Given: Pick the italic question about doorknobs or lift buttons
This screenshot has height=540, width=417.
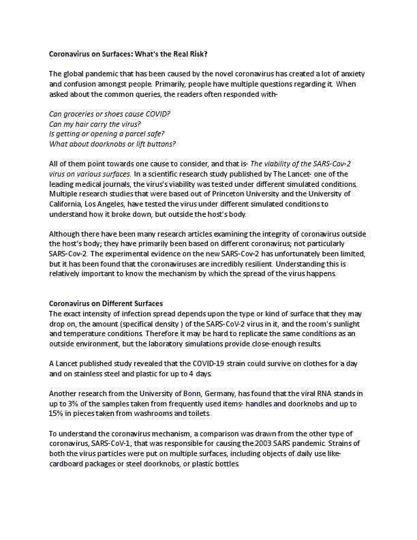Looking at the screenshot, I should click(113, 144).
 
